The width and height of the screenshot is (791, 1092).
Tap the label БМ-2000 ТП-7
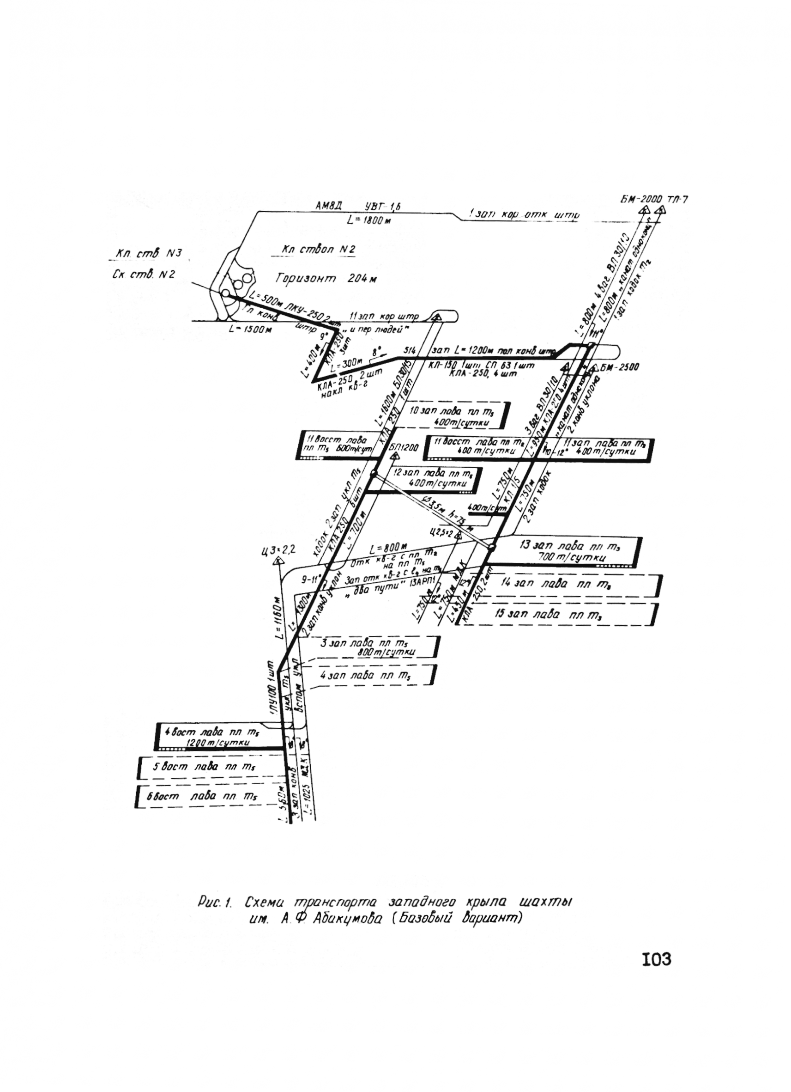tap(654, 199)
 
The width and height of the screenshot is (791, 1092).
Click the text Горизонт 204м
tap(326, 278)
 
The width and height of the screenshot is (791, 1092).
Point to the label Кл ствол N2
tap(319, 250)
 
